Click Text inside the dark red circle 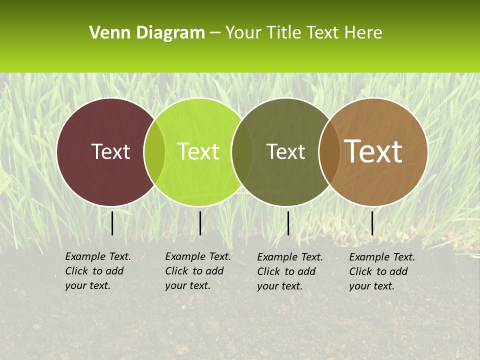click(110, 151)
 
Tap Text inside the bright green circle click(198, 151)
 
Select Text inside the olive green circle click(285, 151)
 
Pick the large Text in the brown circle click(373, 151)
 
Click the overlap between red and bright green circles click(154, 151)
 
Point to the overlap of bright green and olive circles click(242, 151)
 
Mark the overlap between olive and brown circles click(329, 151)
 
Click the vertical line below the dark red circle click(112, 223)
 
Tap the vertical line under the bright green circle click(200, 223)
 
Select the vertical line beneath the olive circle click(288, 223)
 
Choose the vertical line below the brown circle click(372, 223)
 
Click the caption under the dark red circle click(98, 271)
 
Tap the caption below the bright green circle click(198, 271)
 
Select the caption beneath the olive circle click(290, 271)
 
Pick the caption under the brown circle click(382, 271)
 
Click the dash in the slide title click(215, 33)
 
